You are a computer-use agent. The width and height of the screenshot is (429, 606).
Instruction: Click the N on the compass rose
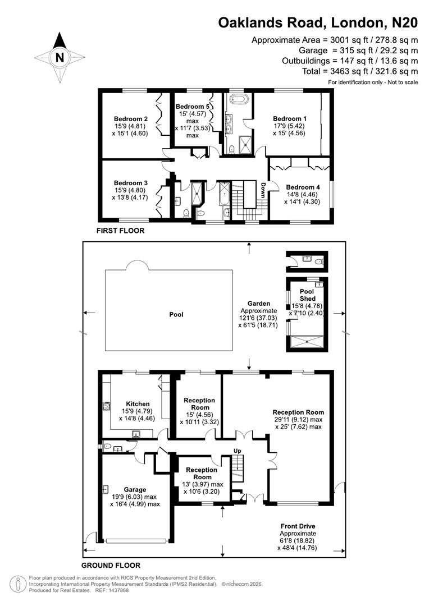point(60,57)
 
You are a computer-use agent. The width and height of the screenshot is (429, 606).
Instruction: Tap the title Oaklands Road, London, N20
point(318,23)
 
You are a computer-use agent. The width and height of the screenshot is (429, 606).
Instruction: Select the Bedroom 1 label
point(290,118)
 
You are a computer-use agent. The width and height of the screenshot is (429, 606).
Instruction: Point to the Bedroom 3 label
point(131,183)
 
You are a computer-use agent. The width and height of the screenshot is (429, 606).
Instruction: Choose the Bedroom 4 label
point(303,187)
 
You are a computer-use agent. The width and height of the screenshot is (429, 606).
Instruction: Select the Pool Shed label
point(307,295)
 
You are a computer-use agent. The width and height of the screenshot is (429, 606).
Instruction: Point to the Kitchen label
point(138,403)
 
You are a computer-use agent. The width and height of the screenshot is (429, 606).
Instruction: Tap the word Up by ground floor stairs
point(238,451)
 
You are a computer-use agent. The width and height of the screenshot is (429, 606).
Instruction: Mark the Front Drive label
point(299,526)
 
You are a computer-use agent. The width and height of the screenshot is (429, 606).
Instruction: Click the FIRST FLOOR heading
point(120,231)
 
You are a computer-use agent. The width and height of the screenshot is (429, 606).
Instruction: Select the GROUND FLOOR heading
point(111,565)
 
